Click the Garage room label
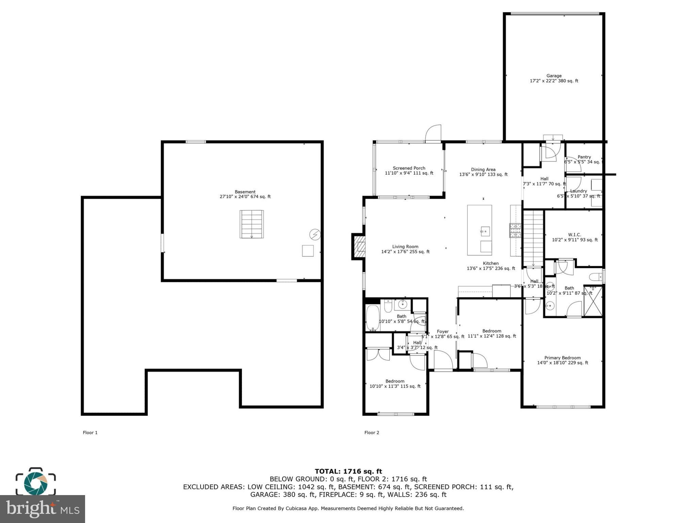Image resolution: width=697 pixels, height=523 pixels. pyautogui.click(x=554, y=76)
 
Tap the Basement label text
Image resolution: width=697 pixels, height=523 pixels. pyautogui.click(x=245, y=192)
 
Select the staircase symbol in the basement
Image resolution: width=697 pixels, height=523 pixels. pyautogui.click(x=252, y=224)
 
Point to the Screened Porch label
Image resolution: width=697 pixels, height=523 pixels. pyautogui.click(x=409, y=168)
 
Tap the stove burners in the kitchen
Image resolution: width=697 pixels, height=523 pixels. pyautogui.click(x=515, y=230)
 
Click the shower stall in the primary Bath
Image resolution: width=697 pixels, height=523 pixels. pyautogui.click(x=593, y=301)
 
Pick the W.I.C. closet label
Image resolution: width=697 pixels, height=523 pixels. pyautogui.click(x=574, y=235)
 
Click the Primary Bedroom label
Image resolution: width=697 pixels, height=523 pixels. pyautogui.click(x=562, y=358)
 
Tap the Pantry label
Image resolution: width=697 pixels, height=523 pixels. pyautogui.click(x=584, y=157)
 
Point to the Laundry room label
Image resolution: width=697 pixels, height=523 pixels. pyautogui.click(x=578, y=191)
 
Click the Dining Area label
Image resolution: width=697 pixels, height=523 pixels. pyautogui.click(x=483, y=170)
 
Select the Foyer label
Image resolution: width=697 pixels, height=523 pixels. pyautogui.click(x=442, y=331)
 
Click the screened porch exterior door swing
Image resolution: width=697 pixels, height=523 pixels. pyautogui.click(x=433, y=133)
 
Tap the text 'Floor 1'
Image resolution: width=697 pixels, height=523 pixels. pyautogui.click(x=90, y=432)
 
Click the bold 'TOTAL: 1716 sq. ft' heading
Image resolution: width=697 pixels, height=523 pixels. pyautogui.click(x=348, y=471)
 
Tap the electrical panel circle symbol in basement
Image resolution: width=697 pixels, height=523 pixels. pyautogui.click(x=315, y=235)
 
